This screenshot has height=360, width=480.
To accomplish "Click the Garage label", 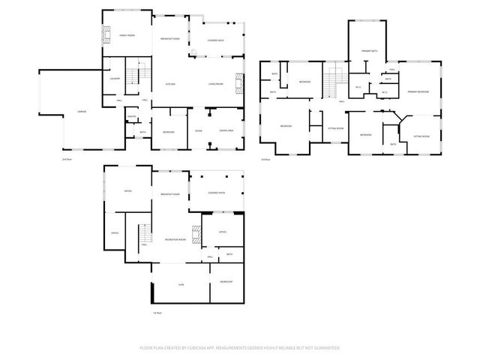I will tap(81, 112).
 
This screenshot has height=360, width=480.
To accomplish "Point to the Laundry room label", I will tap(115, 78).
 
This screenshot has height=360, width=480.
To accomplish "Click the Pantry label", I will tap(130, 116).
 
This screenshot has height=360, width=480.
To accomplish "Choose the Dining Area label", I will tap(226, 131).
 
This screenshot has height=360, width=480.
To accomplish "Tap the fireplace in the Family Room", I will tap(106, 34).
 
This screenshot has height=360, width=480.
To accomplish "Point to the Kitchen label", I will tap(170, 84).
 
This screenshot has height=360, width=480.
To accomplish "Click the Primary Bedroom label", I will tap(418, 91).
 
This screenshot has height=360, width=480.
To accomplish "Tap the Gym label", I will tap(181, 286).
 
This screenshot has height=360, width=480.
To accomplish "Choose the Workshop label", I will tap(226, 281).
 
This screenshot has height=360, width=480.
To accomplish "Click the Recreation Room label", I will tap(175, 239).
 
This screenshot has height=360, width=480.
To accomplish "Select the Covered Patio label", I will tap(217, 193).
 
